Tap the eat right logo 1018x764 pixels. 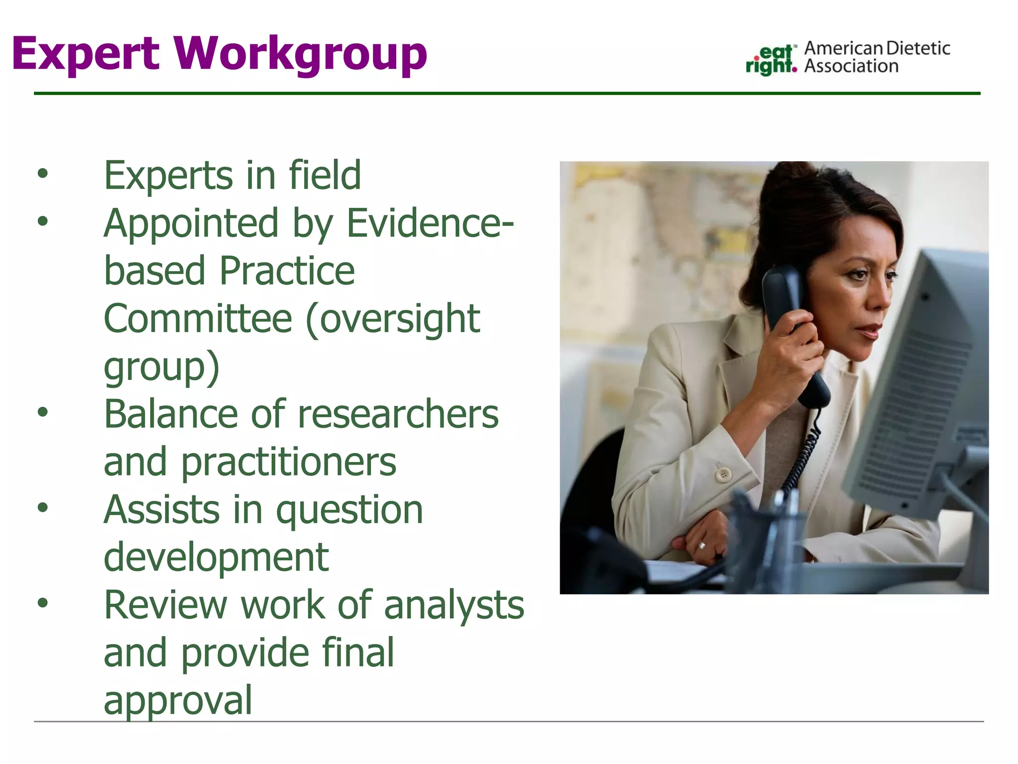pyautogui.click(x=770, y=60)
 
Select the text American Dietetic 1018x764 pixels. pyautogui.click(x=877, y=48)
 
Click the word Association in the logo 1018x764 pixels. pyautogui.click(x=851, y=66)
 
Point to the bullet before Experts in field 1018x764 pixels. pyautogui.click(x=43, y=174)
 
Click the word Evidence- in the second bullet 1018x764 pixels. pyautogui.click(x=429, y=223)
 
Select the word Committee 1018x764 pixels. pyautogui.click(x=198, y=319)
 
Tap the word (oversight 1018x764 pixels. pyautogui.click(x=393, y=319)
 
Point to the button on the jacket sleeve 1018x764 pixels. pyautogui.click(x=723, y=474)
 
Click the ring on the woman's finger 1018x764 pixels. pyautogui.click(x=702, y=546)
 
